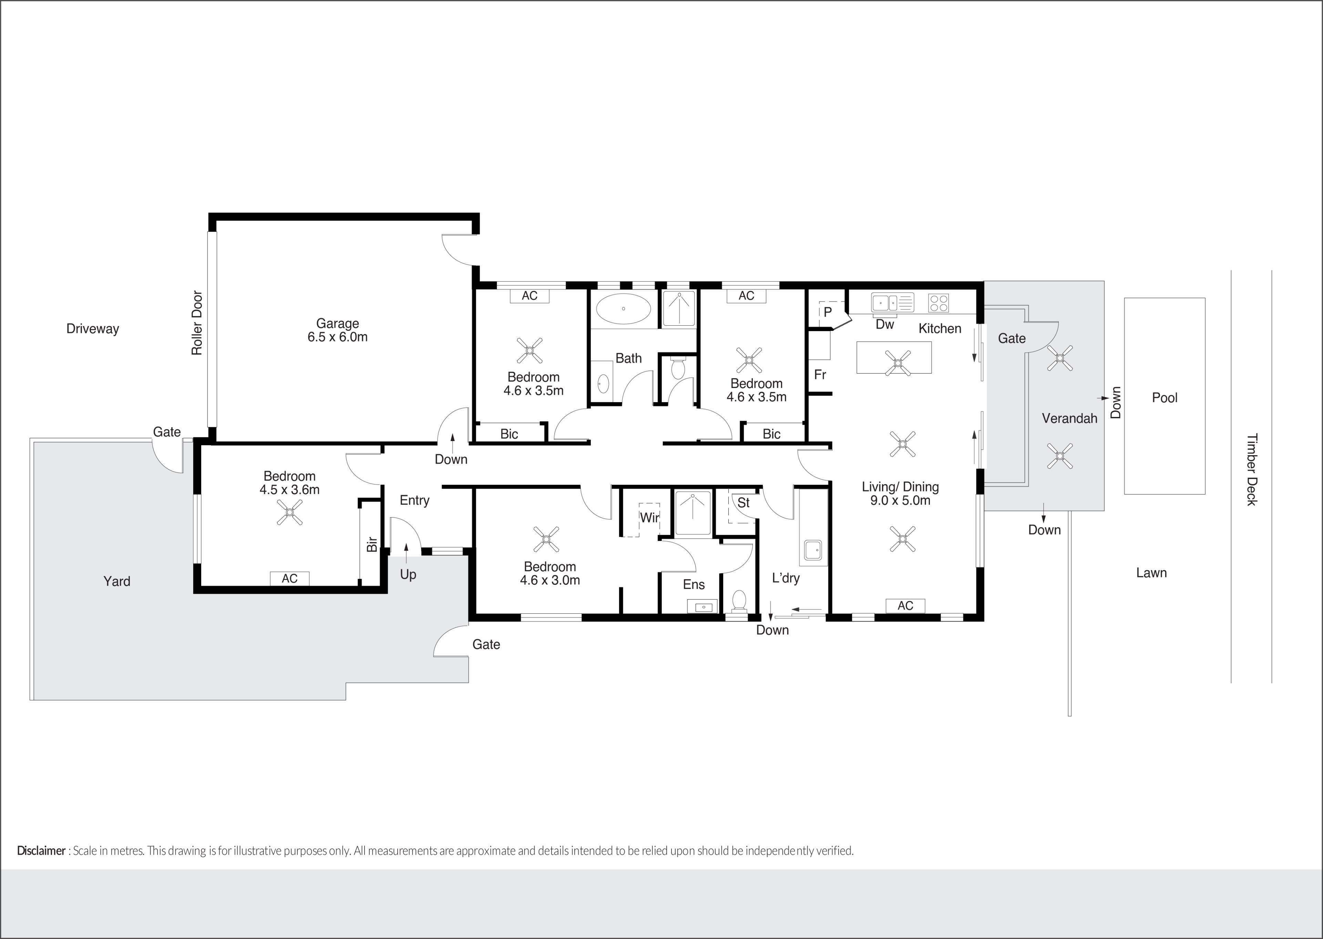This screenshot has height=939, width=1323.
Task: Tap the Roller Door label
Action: click(x=197, y=323)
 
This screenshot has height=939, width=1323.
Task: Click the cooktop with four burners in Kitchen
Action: click(x=938, y=303)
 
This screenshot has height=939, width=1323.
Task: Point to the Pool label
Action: click(x=1165, y=398)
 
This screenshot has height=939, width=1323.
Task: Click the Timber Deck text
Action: click(x=1251, y=469)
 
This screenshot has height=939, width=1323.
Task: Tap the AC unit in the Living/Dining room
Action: click(x=905, y=605)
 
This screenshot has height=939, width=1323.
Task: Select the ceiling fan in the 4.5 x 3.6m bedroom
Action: click(x=289, y=512)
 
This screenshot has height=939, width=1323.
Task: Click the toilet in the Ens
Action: click(x=739, y=601)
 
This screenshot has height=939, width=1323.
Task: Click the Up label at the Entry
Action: click(x=408, y=575)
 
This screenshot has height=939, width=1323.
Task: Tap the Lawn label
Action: click(x=1151, y=573)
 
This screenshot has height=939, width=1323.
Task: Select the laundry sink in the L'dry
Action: click(x=813, y=550)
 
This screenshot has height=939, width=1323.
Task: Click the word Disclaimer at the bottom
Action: click(x=41, y=850)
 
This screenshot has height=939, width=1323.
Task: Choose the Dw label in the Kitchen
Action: click(x=885, y=324)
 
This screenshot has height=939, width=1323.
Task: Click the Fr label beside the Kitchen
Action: click(x=820, y=375)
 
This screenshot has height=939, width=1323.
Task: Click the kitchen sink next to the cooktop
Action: click(x=892, y=303)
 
